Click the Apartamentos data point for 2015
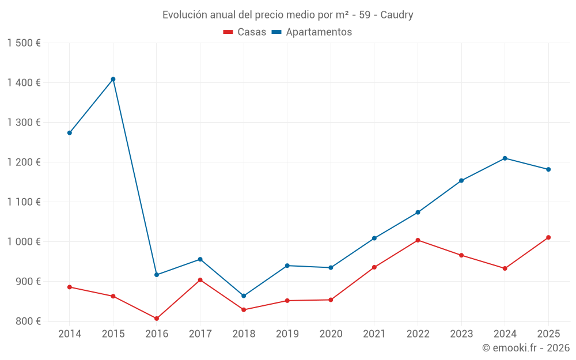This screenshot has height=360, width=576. point(113,79)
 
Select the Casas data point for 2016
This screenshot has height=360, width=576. point(157,319)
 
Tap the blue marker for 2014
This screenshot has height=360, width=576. point(70,133)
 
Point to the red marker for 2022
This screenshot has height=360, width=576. point(418,240)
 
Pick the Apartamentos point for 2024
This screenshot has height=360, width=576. point(505,158)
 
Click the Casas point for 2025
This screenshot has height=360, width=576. point(548,237)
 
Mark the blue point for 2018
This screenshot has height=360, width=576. point(244,296)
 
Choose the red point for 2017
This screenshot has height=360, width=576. point(200,280)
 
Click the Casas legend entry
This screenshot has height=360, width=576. point(245,32)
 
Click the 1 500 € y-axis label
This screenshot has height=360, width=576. point(24,43)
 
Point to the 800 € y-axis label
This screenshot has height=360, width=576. point(28,321)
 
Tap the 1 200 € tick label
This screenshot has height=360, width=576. point(24,162)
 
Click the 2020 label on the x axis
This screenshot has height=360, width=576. point(331,334)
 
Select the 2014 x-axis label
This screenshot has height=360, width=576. point(70,334)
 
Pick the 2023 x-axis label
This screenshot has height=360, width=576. point(461,334)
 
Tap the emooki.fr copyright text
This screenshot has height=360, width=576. point(525,348)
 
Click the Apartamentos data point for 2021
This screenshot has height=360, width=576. point(374,238)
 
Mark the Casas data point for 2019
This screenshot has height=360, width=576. point(287,301)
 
